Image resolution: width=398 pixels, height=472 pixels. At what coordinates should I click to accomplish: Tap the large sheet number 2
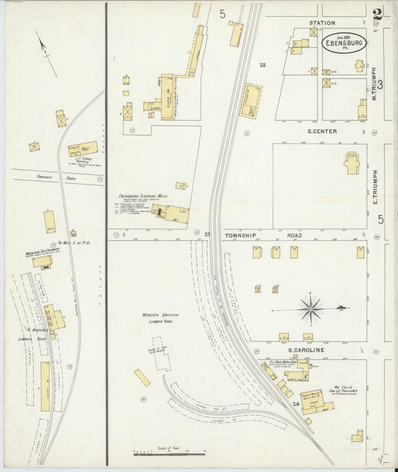(379, 15)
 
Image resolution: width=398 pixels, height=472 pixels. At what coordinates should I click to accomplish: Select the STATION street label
(323, 23)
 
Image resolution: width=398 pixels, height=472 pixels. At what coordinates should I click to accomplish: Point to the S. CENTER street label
(322, 131)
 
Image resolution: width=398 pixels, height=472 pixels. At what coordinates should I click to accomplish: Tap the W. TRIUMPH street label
(375, 83)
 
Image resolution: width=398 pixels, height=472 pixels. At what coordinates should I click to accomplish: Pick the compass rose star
(310, 308)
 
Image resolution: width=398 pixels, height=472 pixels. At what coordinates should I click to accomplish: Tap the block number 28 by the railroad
(262, 66)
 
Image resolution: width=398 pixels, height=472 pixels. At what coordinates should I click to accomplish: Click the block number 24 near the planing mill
(296, 404)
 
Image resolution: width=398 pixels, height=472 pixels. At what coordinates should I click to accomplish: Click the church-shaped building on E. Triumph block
(352, 163)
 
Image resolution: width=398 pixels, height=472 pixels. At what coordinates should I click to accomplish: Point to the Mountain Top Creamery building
(41, 261)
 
